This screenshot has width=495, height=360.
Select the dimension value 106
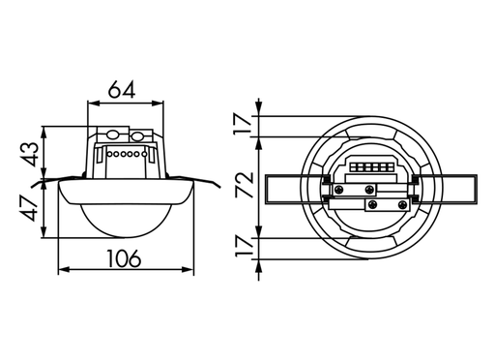pos(122,258)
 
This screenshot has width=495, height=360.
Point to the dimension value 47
pos(28,209)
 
